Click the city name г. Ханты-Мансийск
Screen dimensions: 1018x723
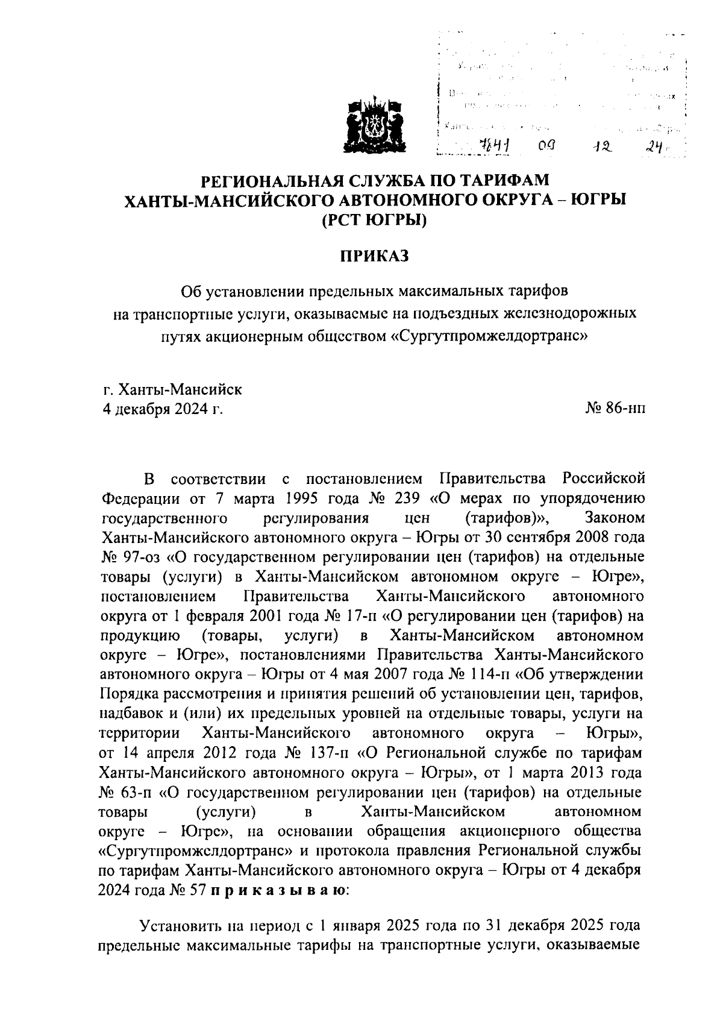pyautogui.click(x=172, y=389)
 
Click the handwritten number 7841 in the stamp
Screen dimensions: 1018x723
pyautogui.click(x=490, y=145)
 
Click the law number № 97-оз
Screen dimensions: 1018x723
pyautogui.click(x=125, y=557)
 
